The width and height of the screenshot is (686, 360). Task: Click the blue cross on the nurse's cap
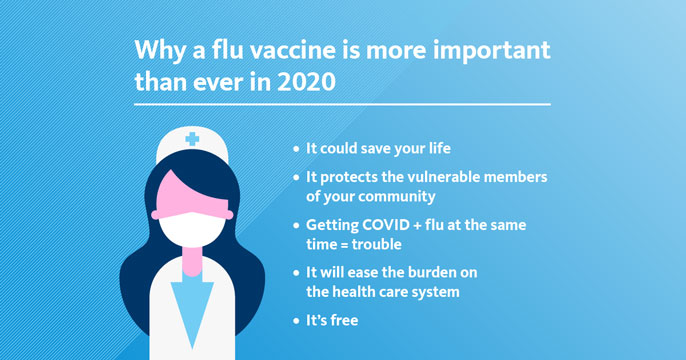click(x=191, y=139)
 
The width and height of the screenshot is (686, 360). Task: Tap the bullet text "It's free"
click(x=331, y=321)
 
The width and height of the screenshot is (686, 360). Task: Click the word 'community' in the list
click(x=399, y=195)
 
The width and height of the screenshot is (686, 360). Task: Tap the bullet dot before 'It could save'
click(x=296, y=148)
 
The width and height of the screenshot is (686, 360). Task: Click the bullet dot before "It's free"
click(x=296, y=321)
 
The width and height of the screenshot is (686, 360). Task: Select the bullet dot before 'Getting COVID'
click(x=296, y=225)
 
